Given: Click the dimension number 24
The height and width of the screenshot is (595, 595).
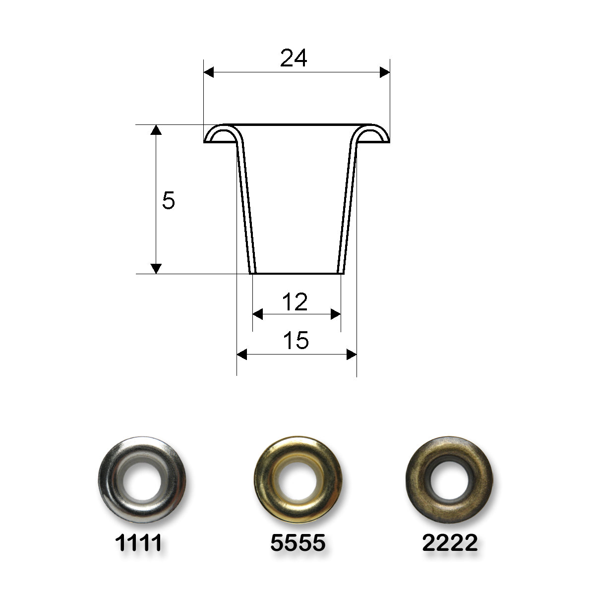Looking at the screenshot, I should (294, 59).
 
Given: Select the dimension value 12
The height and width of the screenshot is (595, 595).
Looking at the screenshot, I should (295, 302).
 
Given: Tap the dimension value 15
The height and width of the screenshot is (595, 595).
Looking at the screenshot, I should (296, 341).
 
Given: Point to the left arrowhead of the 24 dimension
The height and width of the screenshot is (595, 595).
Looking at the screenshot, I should (209, 72).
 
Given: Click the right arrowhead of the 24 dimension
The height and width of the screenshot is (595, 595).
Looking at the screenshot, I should (385, 72).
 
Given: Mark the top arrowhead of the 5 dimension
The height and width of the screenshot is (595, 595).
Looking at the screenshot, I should (156, 130).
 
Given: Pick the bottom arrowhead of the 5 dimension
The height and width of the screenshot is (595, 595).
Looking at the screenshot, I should (156, 268).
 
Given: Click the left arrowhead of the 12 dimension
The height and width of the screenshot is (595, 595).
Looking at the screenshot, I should (258, 314).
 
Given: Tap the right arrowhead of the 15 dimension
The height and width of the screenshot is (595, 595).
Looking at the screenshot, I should (352, 355).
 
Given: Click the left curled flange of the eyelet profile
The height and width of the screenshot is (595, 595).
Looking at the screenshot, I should (221, 134).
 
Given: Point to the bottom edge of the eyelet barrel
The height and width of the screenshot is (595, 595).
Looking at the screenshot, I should (297, 273).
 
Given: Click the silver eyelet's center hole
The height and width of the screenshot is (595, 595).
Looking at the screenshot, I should (142, 480).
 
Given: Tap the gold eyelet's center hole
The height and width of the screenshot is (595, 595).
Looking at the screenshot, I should (298, 480).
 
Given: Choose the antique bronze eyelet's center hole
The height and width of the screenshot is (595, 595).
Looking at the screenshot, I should (449, 480).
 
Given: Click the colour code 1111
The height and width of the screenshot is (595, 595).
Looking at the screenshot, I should (138, 543).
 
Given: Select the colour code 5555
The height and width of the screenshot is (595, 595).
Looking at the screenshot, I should (297, 543).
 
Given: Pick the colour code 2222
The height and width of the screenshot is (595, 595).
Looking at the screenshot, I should (450, 543).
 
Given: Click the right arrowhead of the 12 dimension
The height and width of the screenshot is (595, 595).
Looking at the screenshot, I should (336, 314).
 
